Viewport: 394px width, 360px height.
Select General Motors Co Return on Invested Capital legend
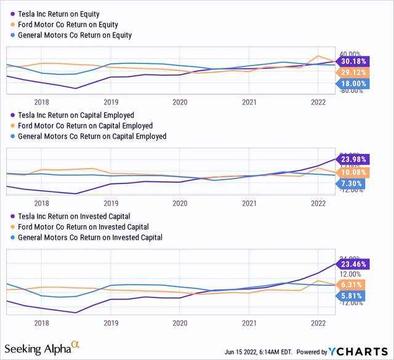(90, 237)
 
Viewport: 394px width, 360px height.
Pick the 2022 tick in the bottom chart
(318, 322)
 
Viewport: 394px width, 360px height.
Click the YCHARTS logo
(366, 351)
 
